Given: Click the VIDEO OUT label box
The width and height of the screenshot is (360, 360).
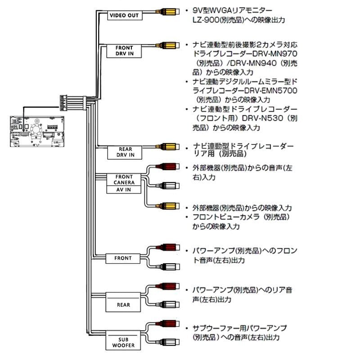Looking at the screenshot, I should pos(125,15).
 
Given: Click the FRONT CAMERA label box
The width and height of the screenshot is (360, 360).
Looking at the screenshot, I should pos(124,180).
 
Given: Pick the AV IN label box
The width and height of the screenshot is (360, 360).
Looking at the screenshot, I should pos(124,190).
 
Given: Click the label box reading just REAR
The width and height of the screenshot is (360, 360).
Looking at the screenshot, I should pos(123,305).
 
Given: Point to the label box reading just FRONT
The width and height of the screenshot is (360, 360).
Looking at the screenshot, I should pos(123,258).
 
